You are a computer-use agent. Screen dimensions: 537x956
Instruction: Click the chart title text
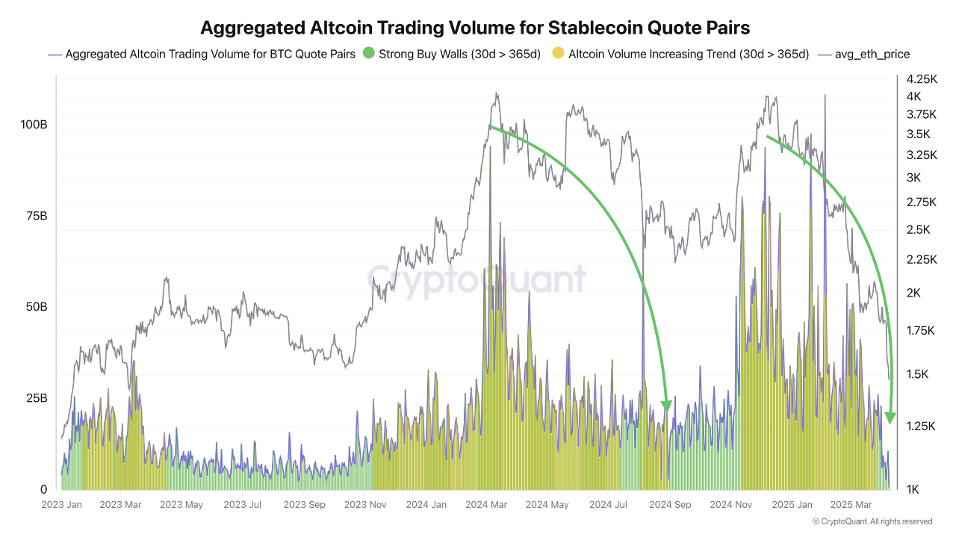tap(474, 28)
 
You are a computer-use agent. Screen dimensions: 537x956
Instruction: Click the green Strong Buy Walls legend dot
tap(367, 54)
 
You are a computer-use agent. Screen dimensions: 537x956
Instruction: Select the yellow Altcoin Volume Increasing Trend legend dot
tap(557, 54)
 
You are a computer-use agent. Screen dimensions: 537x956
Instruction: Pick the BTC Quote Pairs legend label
tap(210, 54)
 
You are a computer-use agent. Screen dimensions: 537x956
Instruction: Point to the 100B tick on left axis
tap(34, 125)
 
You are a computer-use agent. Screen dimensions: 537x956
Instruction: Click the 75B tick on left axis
tap(35, 216)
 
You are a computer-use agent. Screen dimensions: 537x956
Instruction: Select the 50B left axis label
tap(35, 307)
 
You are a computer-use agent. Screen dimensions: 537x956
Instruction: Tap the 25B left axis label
tap(35, 398)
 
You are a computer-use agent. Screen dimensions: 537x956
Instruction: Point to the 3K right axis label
tap(914, 177)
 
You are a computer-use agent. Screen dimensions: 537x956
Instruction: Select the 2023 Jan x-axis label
tap(61, 505)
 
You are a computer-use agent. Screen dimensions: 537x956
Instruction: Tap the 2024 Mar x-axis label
tap(486, 505)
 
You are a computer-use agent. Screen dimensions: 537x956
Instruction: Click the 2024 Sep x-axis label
tap(670, 505)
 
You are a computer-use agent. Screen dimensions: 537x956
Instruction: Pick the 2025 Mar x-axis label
tap(851, 505)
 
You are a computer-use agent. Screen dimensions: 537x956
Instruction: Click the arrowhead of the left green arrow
tap(667, 406)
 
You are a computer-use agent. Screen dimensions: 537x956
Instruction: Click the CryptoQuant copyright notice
tap(872, 521)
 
